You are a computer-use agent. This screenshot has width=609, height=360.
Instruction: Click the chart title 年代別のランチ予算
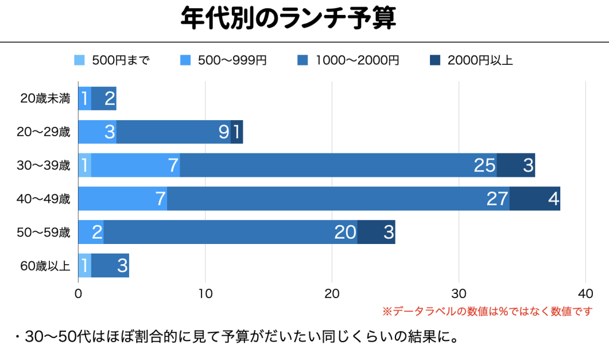pos(288,20)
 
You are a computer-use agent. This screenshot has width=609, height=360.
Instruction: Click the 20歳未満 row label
pos(45,99)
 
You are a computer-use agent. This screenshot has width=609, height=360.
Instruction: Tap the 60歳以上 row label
pos(45,265)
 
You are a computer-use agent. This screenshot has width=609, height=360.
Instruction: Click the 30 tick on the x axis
pos(459,293)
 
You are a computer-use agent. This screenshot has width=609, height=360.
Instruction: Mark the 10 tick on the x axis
pos(205,293)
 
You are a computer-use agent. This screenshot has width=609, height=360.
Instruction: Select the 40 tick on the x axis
pos(586,293)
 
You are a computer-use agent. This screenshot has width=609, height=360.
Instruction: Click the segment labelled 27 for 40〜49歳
pos(338,199)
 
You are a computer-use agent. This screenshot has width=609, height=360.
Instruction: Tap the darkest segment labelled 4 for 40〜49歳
pos(535,199)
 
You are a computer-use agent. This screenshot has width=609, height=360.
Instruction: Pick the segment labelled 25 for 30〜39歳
pos(338,165)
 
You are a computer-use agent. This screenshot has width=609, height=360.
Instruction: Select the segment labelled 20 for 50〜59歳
pos(230,232)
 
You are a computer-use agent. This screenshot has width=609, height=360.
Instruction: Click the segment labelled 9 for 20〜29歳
pos(173,132)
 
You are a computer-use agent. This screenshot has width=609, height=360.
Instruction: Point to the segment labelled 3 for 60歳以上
pos(110,265)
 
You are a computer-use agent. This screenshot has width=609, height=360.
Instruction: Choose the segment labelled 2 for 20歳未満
pos(103,99)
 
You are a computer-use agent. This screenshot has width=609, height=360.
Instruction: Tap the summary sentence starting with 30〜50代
pos(235,338)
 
